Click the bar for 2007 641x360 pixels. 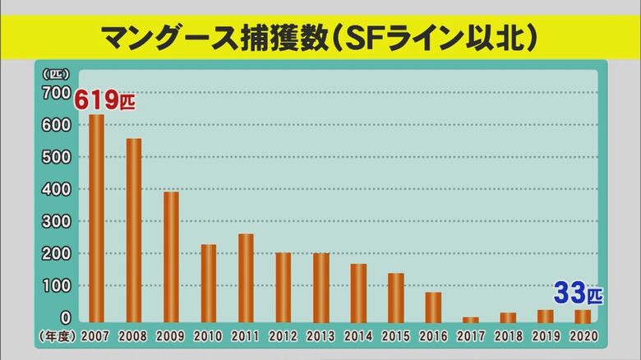click(x=96, y=218)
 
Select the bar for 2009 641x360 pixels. click(x=171, y=256)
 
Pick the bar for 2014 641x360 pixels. click(x=358, y=293)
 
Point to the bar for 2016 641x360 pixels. click(x=433, y=307)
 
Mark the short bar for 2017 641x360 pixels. click(x=471, y=319)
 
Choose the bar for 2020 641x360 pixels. click(x=583, y=316)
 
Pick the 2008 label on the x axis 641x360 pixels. click(x=133, y=336)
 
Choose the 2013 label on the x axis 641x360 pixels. click(x=320, y=336)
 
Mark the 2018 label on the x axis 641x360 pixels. click(x=508, y=336)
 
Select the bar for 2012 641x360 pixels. click(x=284, y=287)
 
